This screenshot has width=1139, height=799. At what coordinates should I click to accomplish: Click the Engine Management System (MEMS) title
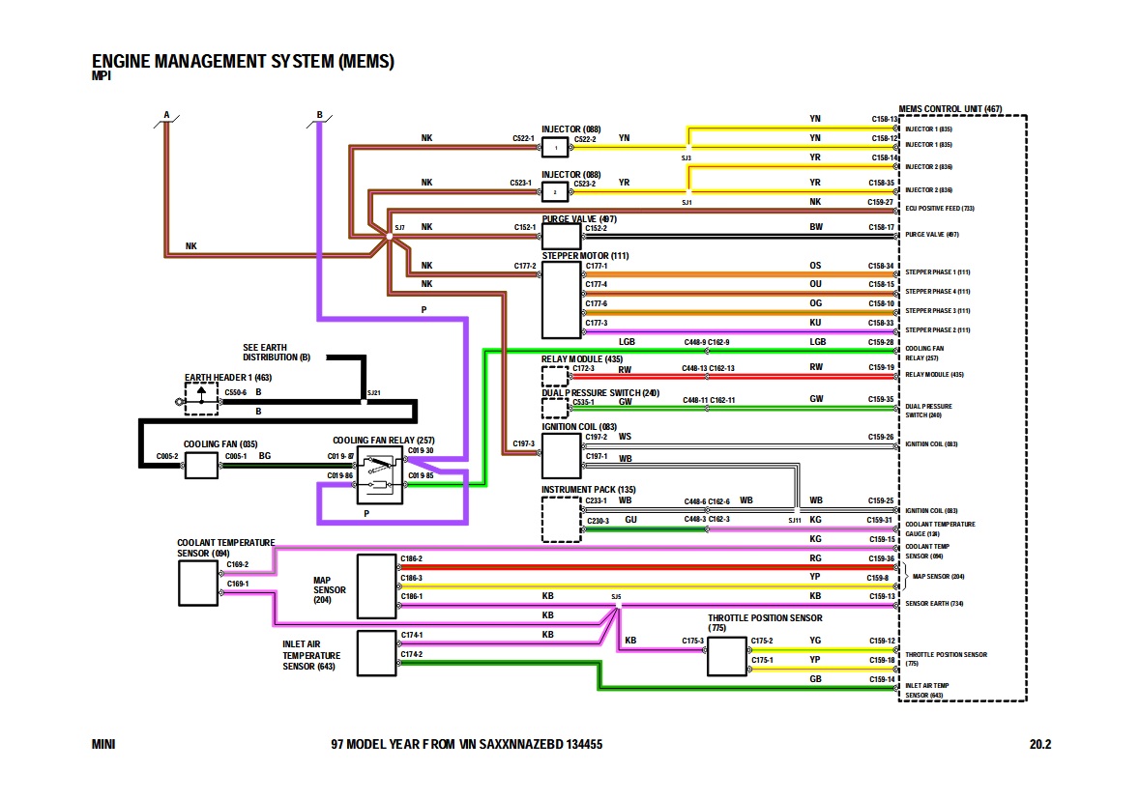click(x=243, y=63)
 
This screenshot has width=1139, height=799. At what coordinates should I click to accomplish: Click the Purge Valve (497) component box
click(x=560, y=236)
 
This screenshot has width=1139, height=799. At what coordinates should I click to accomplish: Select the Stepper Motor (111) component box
click(x=560, y=299)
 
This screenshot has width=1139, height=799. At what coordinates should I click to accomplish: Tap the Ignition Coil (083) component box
click(x=560, y=456)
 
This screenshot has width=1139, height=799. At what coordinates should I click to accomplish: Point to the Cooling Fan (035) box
click(x=201, y=466)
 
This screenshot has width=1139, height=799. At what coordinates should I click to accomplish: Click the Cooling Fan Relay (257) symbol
click(x=380, y=475)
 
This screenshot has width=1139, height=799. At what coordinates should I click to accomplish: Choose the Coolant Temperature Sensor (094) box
click(x=198, y=581)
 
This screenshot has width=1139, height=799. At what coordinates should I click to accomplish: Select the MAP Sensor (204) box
click(x=376, y=586)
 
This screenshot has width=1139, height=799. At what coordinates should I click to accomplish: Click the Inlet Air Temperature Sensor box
click(x=376, y=653)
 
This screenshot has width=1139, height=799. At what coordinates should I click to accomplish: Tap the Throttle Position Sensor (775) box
click(x=726, y=656)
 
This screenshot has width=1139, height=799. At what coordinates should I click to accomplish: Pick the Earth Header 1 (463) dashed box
click(x=201, y=399)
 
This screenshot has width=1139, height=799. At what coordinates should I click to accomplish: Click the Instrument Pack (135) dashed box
click(x=561, y=520)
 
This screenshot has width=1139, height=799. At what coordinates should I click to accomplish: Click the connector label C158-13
click(x=885, y=119)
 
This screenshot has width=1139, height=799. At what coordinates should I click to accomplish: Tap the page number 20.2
click(x=1039, y=745)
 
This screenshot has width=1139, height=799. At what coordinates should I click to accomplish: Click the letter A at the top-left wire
click(x=166, y=116)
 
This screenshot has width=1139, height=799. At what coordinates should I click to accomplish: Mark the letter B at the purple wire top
click(x=319, y=116)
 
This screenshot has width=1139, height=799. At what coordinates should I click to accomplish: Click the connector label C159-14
click(x=883, y=679)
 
